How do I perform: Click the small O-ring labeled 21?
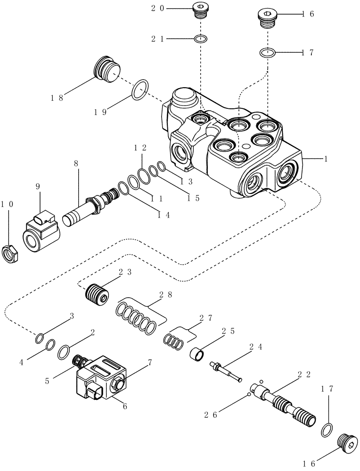tap(201, 39)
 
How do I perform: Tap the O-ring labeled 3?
tap(41, 338)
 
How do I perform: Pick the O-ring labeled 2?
tap(64, 351)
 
